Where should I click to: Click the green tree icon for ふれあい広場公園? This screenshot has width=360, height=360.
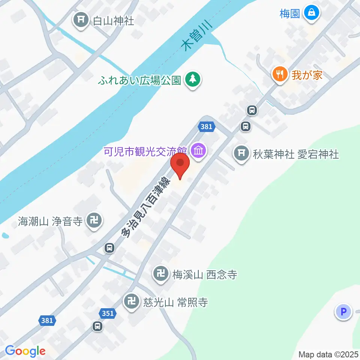pyautogui.click(x=193, y=79)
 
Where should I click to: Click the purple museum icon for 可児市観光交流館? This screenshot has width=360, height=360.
pyautogui.click(x=198, y=151)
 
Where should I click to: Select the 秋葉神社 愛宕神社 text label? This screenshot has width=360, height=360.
pyautogui.click(x=296, y=154)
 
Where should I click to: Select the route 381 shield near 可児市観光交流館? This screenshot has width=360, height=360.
pyautogui.click(x=207, y=127)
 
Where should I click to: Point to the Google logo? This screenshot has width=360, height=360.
pyautogui.click(x=25, y=351)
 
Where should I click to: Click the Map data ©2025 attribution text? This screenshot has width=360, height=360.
pyautogui.click(x=328, y=354)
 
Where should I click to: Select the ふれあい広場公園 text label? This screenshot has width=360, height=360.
pyautogui.click(x=140, y=80)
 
